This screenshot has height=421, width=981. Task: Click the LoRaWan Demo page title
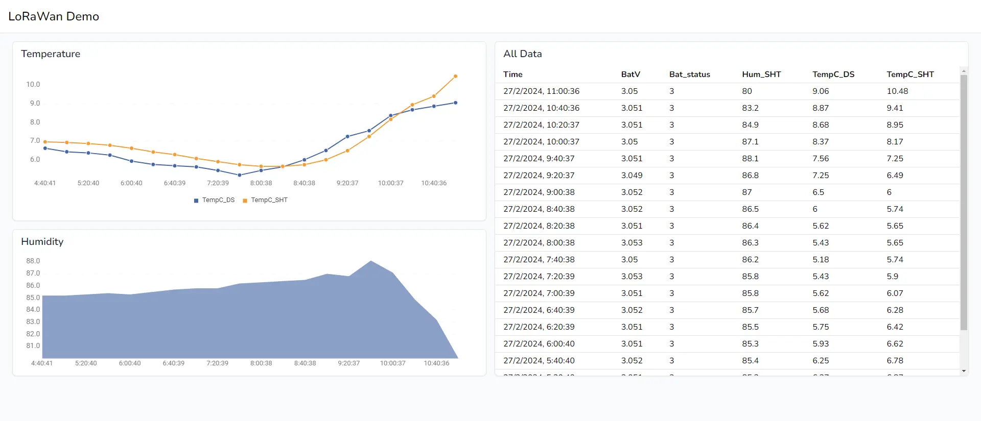pyautogui.click(x=54, y=16)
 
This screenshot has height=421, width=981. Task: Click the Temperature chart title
pyautogui.click(x=51, y=54)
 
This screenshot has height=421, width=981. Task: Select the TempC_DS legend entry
pyautogui.click(x=214, y=200)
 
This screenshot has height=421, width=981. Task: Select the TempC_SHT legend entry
pyautogui.click(x=265, y=200)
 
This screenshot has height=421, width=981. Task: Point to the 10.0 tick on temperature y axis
pyautogui.click(x=33, y=84)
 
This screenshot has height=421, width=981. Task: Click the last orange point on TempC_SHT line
pyautogui.click(x=455, y=77)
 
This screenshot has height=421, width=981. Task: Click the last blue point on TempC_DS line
pyautogui.click(x=455, y=103)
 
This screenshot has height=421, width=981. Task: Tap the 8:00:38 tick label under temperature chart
pyautogui.click(x=261, y=183)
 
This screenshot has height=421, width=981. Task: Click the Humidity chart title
pyautogui.click(x=42, y=241)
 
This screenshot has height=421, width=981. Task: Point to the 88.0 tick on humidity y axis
pyautogui.click(x=33, y=261)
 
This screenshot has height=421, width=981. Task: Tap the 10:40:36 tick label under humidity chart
pyautogui.click(x=436, y=363)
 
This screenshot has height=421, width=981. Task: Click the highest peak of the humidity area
pyautogui.click(x=371, y=262)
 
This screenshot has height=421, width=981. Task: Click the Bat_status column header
pyautogui.click(x=689, y=75)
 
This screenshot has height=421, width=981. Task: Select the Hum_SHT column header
pyautogui.click(x=761, y=75)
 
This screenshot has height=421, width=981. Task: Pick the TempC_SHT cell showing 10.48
pyautogui.click(x=897, y=91)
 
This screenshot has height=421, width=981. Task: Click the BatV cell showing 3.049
pyautogui.click(x=632, y=176)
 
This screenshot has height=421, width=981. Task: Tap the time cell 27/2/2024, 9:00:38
pyautogui.click(x=539, y=192)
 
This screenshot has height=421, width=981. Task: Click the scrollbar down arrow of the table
pyautogui.click(x=964, y=371)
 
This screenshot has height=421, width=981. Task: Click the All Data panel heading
pyautogui.click(x=522, y=54)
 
